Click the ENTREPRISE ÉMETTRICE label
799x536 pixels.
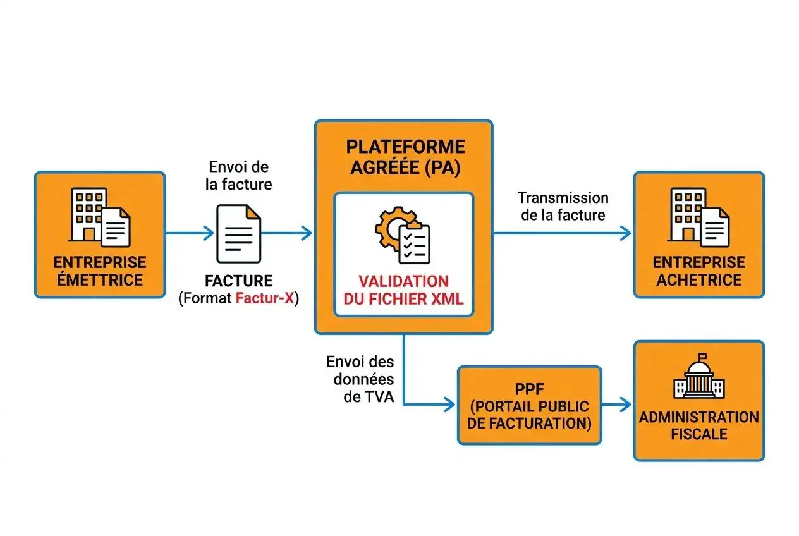100,271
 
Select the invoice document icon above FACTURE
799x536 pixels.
238,233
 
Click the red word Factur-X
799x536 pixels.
264,298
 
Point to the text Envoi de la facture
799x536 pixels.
238,176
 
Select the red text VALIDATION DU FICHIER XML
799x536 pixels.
403,290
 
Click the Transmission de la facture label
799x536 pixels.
563,206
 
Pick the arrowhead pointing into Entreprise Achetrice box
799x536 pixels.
625,233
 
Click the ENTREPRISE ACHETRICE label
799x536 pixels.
698,271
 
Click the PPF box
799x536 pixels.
529,405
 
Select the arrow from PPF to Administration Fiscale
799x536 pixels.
617,404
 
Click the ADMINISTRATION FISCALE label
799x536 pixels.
698,425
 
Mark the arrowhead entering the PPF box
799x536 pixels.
449,404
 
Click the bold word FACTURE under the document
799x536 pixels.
238,281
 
